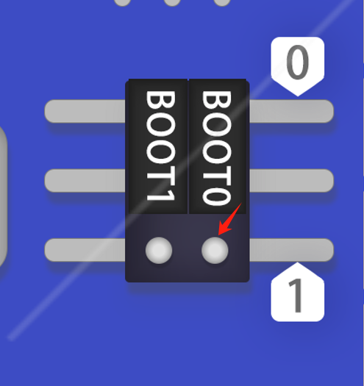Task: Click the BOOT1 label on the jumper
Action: coord(160,146)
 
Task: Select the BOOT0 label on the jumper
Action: coord(217,148)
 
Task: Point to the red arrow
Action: coord(230,219)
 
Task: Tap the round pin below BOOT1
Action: coord(159,251)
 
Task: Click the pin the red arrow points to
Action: coord(215,251)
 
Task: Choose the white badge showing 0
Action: coord(298,66)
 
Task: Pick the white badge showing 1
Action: coord(298,292)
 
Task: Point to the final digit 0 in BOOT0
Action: coord(217,196)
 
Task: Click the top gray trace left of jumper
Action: coord(85,111)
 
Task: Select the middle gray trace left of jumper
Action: coord(85,180)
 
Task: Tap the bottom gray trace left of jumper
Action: coord(85,250)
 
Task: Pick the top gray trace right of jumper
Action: coord(292,111)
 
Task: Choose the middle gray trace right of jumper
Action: coord(292,180)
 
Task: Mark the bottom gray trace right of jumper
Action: coord(292,250)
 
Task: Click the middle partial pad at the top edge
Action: coord(172,2)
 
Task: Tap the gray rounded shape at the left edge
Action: coord(3,197)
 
